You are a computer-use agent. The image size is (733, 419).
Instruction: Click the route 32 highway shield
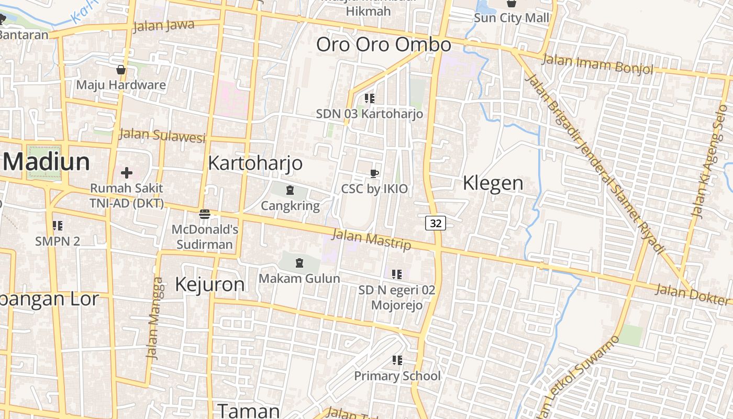[435, 223]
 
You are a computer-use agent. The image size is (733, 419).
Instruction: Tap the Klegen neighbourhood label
[493, 183]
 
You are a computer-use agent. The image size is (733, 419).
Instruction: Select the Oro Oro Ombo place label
[383, 45]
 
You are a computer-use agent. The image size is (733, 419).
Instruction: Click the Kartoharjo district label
[255, 163]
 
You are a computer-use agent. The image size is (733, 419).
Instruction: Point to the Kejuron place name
[209, 284]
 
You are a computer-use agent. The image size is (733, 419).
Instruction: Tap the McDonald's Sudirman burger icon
[205, 214]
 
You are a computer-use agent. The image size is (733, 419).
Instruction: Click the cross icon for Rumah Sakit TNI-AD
[127, 172]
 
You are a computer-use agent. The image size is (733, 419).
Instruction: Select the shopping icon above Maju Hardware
[121, 70]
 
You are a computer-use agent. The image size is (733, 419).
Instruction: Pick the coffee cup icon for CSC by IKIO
[374, 173]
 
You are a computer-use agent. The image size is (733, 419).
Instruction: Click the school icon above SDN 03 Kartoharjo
[370, 98]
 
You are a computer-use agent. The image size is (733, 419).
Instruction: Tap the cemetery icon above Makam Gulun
[299, 262]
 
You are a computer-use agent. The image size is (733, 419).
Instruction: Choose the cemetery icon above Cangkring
[290, 190]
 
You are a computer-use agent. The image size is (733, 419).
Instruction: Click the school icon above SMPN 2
[58, 226]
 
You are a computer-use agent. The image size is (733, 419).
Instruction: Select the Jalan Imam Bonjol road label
[597, 64]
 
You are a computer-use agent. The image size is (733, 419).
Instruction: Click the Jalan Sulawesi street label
[162, 135]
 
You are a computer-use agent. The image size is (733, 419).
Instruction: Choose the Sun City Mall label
[512, 18]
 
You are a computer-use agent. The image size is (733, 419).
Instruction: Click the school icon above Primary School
[397, 360]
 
